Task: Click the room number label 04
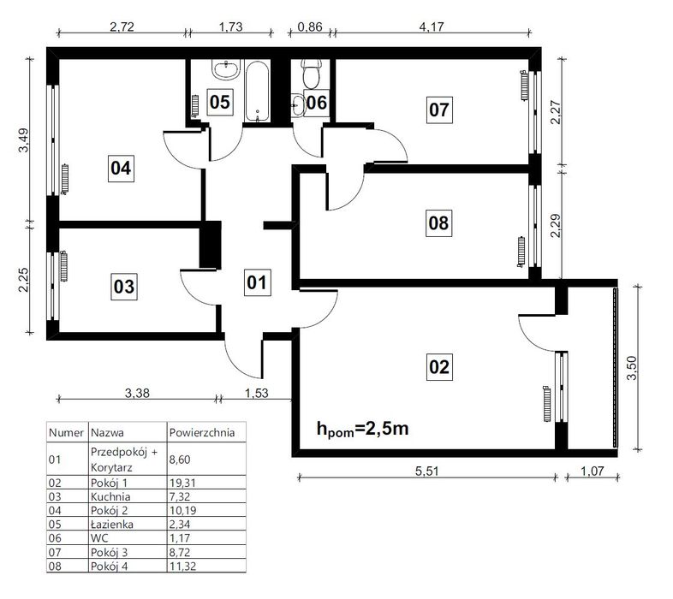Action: coord(121,168)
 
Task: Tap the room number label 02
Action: coord(439,367)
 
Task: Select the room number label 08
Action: coord(438,223)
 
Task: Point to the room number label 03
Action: coord(124,286)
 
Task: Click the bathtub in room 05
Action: coord(257,91)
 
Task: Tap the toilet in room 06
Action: coord(311,74)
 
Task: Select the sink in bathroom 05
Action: coord(226,70)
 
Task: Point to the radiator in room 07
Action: coord(524,85)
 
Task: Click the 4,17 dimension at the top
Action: coord(432,27)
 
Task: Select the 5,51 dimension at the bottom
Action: coord(427,471)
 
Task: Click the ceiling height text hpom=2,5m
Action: coord(363,429)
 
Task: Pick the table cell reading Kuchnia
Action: coord(110,496)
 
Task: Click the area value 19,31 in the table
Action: coord(182,483)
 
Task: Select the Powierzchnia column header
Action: coord(202,432)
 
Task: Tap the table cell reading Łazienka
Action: coord(111,524)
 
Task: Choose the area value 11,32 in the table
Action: coord(182,566)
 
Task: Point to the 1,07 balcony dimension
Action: coord(593,471)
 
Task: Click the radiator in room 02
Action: coord(547,404)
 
